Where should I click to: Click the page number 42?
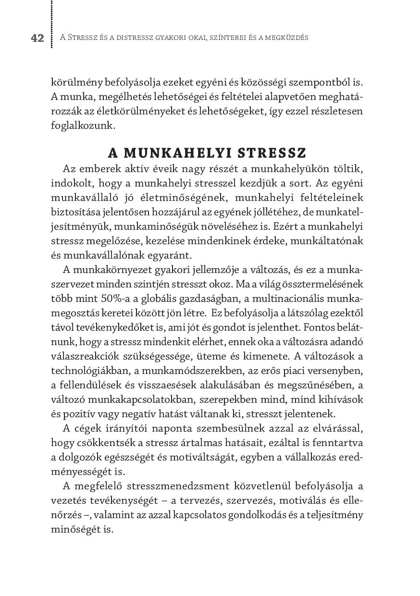(37, 38)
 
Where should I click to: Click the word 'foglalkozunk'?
(83, 126)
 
